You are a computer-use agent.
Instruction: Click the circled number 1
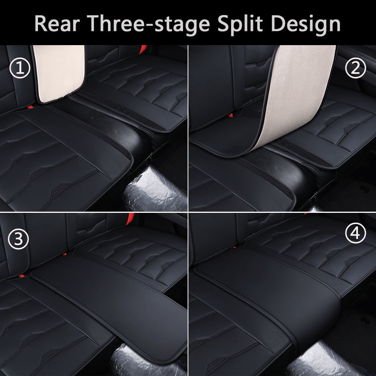[x=20, y=69]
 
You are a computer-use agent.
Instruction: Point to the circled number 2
[x=355, y=68]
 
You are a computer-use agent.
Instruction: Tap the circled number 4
[x=355, y=234]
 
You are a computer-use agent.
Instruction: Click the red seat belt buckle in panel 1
[x=143, y=49]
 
